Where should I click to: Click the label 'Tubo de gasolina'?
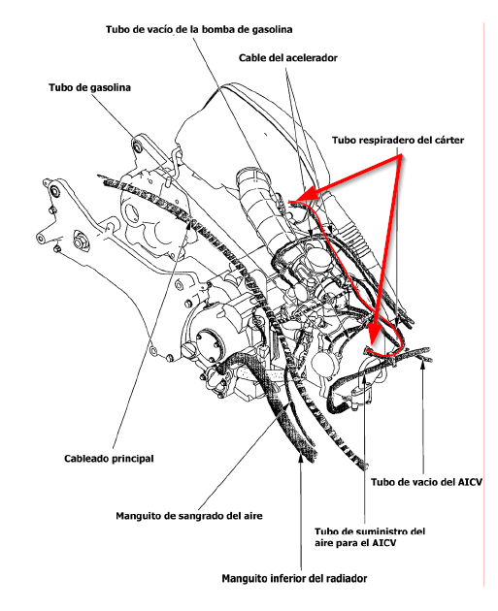pyautogui.click(x=89, y=87)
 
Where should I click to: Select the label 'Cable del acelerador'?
pyautogui.click(x=288, y=57)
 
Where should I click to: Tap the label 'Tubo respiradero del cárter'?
pyautogui.click(x=398, y=140)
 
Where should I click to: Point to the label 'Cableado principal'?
pyautogui.click(x=109, y=458)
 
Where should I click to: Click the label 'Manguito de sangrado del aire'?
pyautogui.click(x=189, y=516)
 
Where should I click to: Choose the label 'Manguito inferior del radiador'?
pyautogui.click(x=294, y=578)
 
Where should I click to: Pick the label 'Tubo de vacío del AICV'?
pyautogui.click(x=426, y=482)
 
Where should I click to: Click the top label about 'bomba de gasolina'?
pyautogui.click(x=199, y=29)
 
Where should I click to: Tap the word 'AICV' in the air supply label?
pyautogui.click(x=384, y=542)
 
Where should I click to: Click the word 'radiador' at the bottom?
pyautogui.click(x=347, y=578)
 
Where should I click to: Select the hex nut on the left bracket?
pyautogui.click(x=81, y=242)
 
